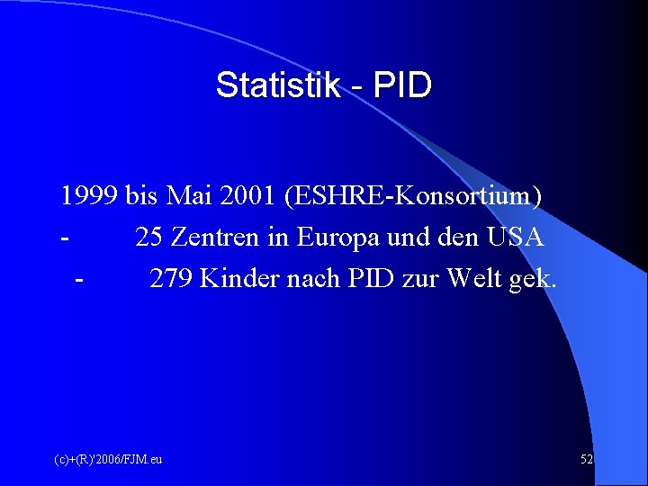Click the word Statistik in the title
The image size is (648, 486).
coord(278,85)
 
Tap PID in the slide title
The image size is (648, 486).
coord(402,85)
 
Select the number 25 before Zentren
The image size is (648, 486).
coord(149,238)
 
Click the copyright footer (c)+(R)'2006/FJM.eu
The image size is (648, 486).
coord(108,460)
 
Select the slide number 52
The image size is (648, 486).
coord(587,460)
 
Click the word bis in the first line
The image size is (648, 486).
coord(142,195)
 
